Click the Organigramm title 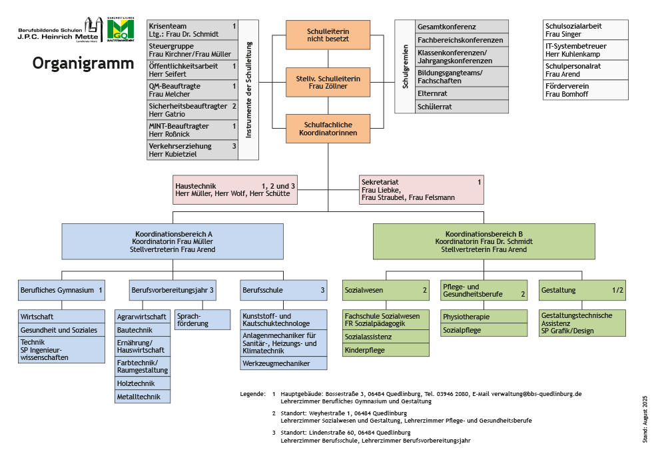83,64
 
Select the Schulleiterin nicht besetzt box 328,35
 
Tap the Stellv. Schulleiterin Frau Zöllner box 328,82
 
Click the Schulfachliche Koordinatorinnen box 328,129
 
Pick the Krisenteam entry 192,29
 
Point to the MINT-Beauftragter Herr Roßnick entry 192,130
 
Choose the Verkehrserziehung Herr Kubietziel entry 192,150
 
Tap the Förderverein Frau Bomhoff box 586,90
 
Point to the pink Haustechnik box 234,189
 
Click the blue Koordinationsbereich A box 173,241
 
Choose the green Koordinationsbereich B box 484,241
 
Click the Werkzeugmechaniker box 284,363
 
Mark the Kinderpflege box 386,350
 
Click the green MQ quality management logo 120,30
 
